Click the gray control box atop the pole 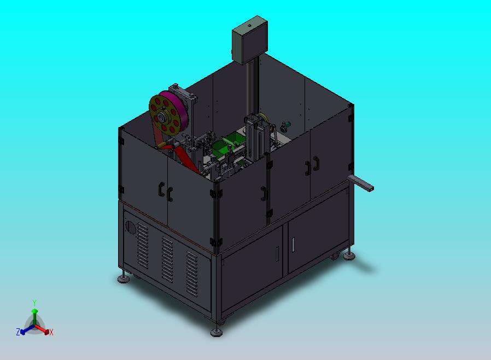tap(250, 40)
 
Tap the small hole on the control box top tap(249, 25)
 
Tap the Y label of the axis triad tap(34, 303)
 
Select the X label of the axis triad tap(51, 332)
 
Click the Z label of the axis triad tap(18, 332)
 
